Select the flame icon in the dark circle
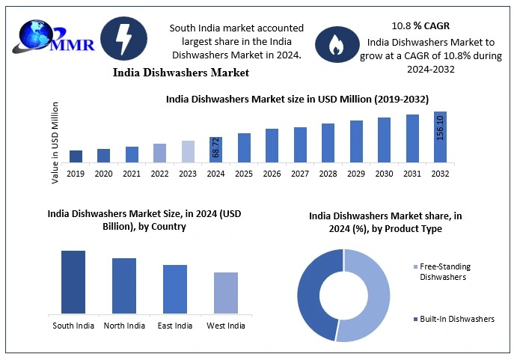pyautogui.click(x=334, y=46)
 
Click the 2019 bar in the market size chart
pyautogui.click(x=76, y=156)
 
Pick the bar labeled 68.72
pyautogui.click(x=215, y=150)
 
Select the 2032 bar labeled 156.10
pyautogui.click(x=440, y=137)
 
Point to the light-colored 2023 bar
pyautogui.click(x=188, y=151)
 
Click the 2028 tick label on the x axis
pyautogui.click(x=328, y=174)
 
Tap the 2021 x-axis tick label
pyautogui.click(x=132, y=174)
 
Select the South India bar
pyautogui.click(x=73, y=281)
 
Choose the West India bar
pyautogui.click(x=225, y=293)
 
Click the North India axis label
pyautogui.click(x=124, y=326)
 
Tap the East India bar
pyautogui.click(x=175, y=289)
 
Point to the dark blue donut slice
pyautogui.click(x=313, y=296)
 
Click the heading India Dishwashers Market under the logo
pyautogui.click(x=181, y=73)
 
